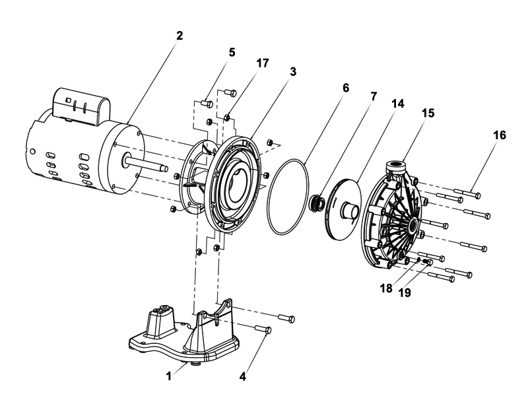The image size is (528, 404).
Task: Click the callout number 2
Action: click(x=179, y=36)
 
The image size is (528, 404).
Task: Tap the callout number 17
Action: click(x=263, y=63)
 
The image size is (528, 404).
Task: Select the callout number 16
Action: click(x=500, y=135)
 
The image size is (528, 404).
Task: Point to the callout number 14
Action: click(x=397, y=104)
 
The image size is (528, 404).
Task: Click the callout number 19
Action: click(x=405, y=293)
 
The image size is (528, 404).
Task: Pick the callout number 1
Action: click(x=169, y=376)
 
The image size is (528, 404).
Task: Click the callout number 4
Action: click(x=243, y=377)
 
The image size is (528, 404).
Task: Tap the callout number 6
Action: click(x=346, y=88)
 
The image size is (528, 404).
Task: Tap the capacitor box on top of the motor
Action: click(x=81, y=106)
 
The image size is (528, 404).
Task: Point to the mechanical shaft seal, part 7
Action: click(x=317, y=203)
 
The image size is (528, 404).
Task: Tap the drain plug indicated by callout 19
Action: click(x=428, y=261)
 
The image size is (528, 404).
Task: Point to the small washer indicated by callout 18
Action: click(x=418, y=259)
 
